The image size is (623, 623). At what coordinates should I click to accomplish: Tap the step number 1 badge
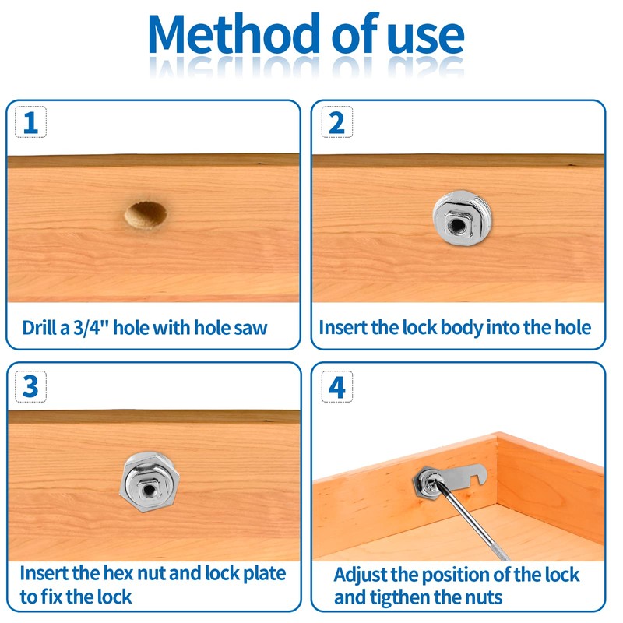pyautogui.click(x=30, y=122)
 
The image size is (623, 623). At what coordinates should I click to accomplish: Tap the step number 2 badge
pyautogui.click(x=336, y=122)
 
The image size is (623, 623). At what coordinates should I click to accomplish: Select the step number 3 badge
pyautogui.click(x=30, y=385)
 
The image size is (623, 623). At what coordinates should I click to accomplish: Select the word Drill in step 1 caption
pyautogui.click(x=39, y=327)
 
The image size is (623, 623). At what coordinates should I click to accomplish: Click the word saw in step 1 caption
pyautogui.click(x=251, y=327)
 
